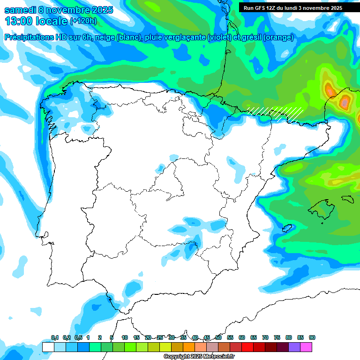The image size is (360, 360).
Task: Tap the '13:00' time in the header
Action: pos(19,21)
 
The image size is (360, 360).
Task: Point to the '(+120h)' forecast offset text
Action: pos(83,21)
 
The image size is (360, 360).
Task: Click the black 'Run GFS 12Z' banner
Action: pos(292,8)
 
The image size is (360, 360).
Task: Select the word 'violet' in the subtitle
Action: pos(220,37)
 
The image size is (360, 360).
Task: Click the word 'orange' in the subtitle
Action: pos(278,37)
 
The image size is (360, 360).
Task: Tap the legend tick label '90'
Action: pos(312,337)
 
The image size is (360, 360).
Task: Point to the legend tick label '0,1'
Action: pos(55,337)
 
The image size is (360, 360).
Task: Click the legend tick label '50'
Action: pos(218,337)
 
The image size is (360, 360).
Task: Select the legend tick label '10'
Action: pos(125,337)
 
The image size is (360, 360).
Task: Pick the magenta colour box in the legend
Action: pos(306,347)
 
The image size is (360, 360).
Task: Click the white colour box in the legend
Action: pos(48,347)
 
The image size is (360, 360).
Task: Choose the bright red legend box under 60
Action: pos(247,347)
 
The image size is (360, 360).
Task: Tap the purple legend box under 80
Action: pos(294,347)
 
